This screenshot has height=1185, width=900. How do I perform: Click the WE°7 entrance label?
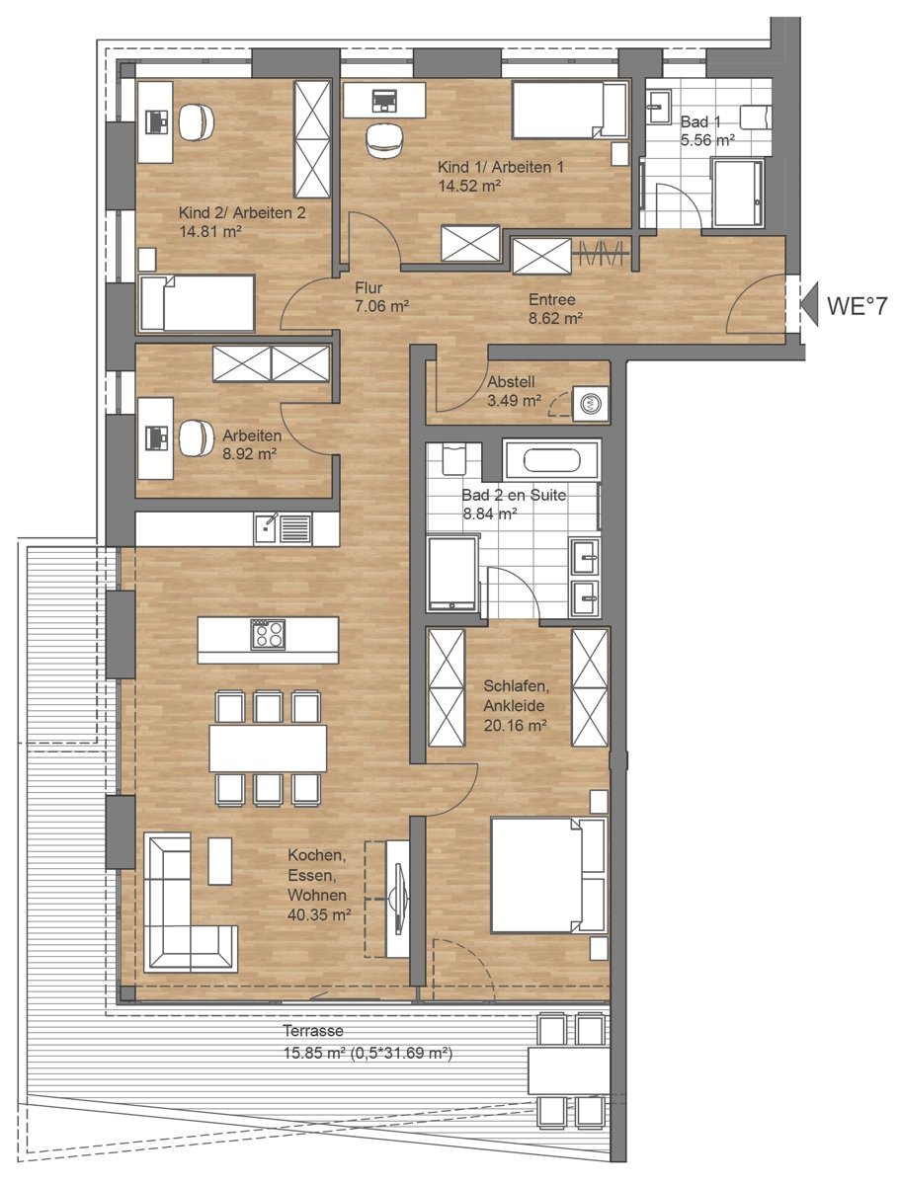point(857,305)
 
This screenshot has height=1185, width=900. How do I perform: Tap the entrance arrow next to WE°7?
point(809,304)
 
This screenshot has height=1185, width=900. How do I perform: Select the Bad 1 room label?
point(700,122)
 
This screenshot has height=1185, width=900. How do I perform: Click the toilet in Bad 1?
point(756,118)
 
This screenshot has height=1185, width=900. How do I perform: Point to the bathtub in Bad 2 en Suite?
point(552,460)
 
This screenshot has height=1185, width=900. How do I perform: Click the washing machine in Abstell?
point(591,403)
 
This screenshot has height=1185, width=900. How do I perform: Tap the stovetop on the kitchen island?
point(268,634)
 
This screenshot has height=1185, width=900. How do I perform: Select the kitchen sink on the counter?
point(283,529)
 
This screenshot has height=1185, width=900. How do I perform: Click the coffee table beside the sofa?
point(219,861)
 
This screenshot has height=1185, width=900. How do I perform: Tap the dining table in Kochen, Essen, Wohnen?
point(268,749)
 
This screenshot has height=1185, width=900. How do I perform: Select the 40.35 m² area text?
point(320,914)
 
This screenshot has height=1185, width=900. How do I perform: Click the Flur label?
point(368,287)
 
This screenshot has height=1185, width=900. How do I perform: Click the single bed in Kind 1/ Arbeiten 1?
point(570,111)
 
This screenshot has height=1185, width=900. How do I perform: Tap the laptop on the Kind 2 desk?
point(157,122)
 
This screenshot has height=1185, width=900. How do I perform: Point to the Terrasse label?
point(314,1031)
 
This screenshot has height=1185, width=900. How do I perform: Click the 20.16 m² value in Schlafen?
point(515,725)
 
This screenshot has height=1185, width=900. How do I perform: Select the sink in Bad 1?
point(658,107)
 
